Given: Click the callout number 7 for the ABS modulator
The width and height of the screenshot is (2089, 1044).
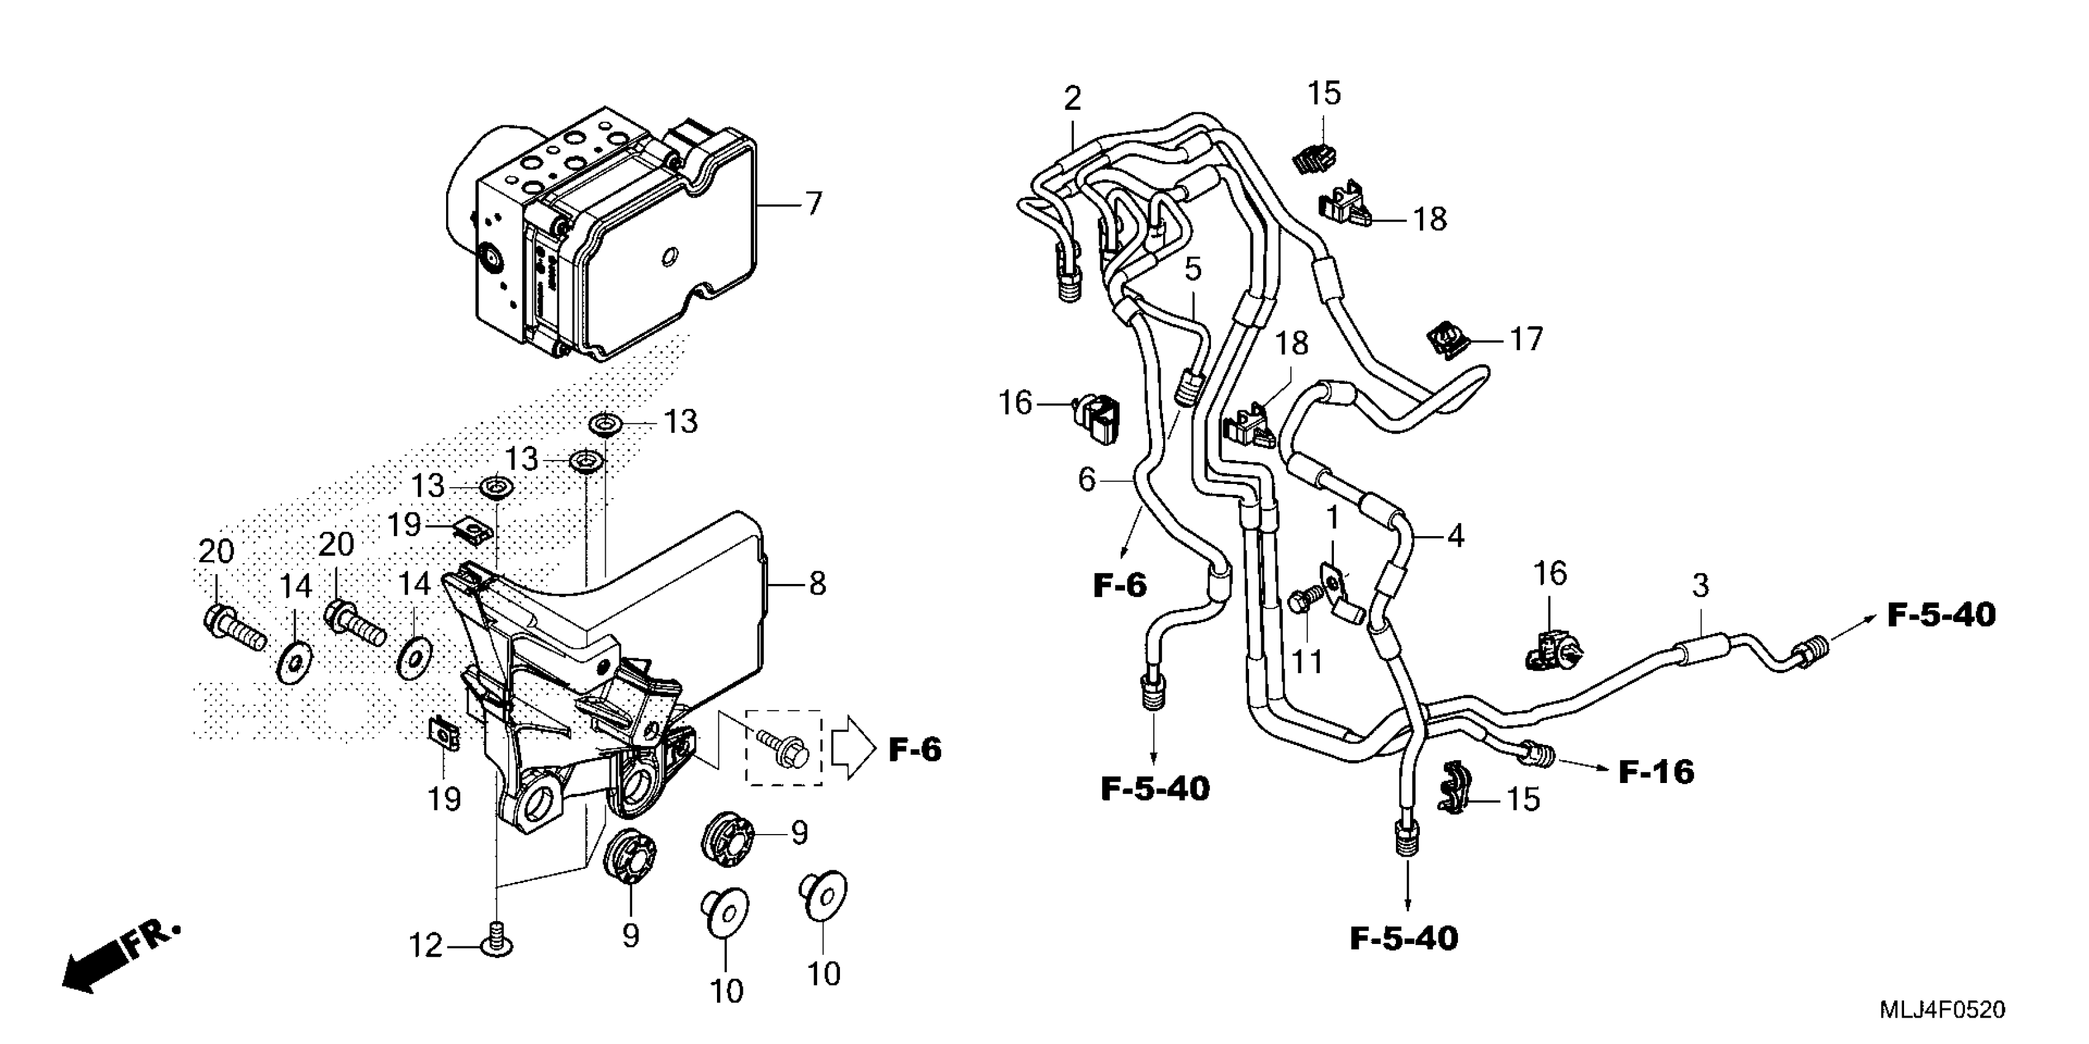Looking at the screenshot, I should coord(813,203).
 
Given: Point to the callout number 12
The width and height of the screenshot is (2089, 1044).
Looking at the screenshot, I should coord(426,945).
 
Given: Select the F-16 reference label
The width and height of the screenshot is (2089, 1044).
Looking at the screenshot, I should coord(1656,772).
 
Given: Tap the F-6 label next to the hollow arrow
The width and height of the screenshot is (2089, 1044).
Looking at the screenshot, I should coord(915,750).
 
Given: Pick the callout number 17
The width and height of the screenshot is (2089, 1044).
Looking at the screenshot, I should coord(1526,339).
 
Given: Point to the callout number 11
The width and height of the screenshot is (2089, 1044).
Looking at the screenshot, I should coord(1306,661).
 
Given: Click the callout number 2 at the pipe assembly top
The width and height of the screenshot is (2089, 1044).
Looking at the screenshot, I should coord(1072,99).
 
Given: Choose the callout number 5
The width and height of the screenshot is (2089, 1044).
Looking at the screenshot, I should coord(1192,269).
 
